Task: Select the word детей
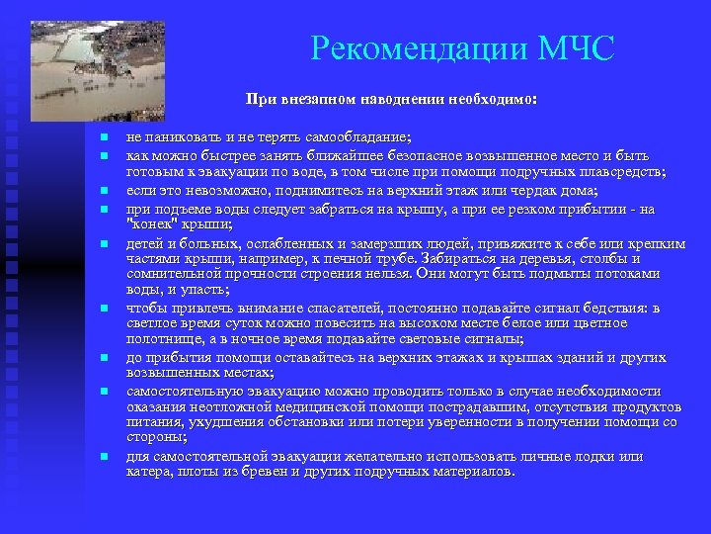145,242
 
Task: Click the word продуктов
646,407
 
